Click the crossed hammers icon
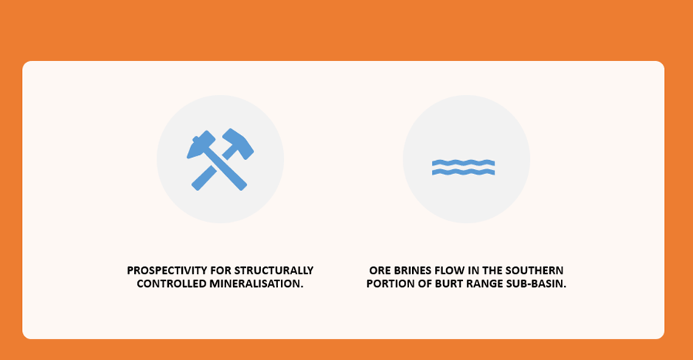coord(220,159)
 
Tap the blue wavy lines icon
coord(463,167)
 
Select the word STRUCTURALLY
coord(274,270)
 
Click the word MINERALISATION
coord(257,283)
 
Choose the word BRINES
coord(412,270)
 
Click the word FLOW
coord(449,270)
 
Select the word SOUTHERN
coord(534,270)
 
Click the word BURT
coord(449,283)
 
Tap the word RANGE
coord(484,283)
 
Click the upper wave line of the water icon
coord(463,163)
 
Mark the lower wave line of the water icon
coord(463,172)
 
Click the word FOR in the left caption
coord(220,270)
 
